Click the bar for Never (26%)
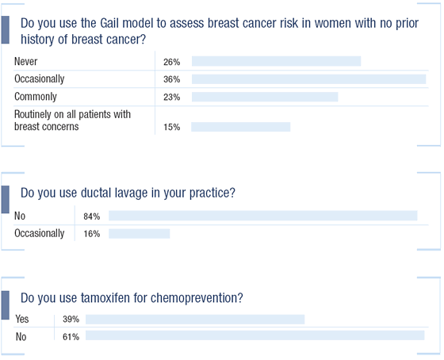(277, 61)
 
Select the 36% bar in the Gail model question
(309, 79)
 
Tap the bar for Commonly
(265, 97)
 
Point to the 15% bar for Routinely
(241, 127)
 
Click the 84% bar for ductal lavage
(263, 216)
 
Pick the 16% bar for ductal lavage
(140, 234)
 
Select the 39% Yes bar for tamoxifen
(195, 320)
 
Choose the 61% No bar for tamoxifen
(255, 335)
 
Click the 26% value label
(171, 62)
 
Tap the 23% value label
(171, 98)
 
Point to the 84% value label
(92, 216)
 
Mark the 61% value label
(71, 337)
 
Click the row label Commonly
(36, 97)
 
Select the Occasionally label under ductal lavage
(40, 233)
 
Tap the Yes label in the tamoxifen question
(22, 319)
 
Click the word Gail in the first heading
(109, 23)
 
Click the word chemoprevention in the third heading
(197, 298)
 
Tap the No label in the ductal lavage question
(20, 216)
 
